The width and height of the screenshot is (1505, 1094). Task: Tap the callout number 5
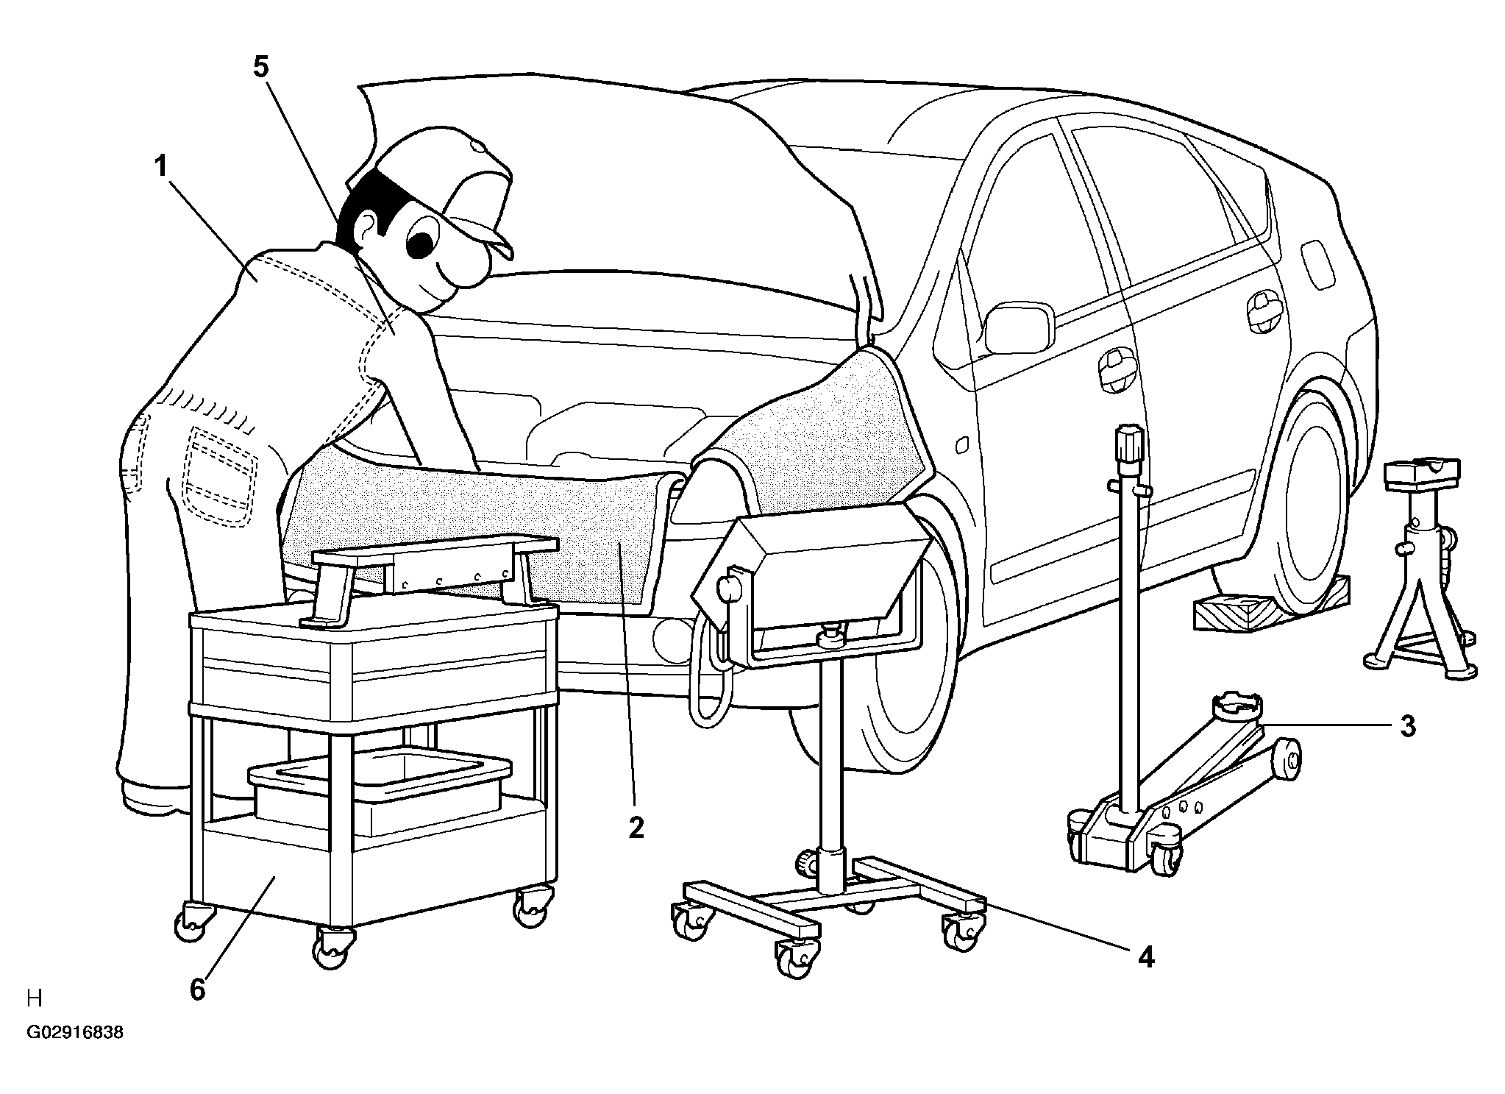(x=261, y=67)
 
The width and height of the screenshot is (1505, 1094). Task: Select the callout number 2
(x=636, y=828)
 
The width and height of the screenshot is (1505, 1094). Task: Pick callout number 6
(x=197, y=990)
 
